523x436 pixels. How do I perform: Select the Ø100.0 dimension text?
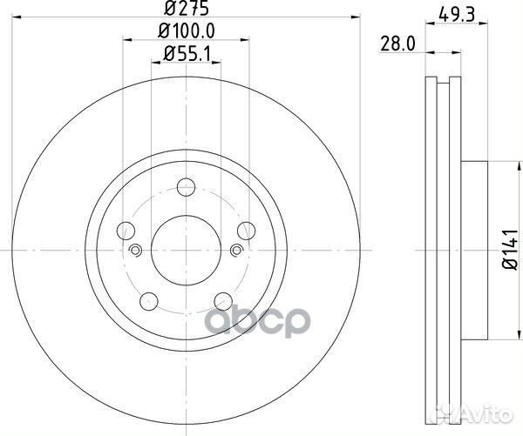point(187,32)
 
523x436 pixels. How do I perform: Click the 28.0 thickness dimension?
point(397,42)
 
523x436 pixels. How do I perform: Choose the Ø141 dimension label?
point(507,250)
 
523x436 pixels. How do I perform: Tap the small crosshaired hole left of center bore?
point(135,251)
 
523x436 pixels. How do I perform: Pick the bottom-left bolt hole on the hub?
point(150,301)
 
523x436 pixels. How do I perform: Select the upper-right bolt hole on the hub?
point(246,231)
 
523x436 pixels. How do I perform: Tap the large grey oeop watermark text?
point(261,324)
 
